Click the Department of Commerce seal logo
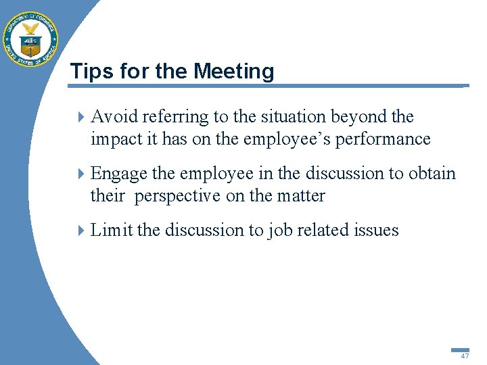click(x=30, y=39)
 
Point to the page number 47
click(x=465, y=356)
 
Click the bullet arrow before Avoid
click(x=81, y=117)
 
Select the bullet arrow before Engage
click(x=81, y=174)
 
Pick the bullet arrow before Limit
click(x=81, y=230)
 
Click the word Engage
click(x=119, y=174)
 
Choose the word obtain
click(x=432, y=174)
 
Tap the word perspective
click(x=177, y=196)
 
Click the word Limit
click(x=111, y=230)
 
